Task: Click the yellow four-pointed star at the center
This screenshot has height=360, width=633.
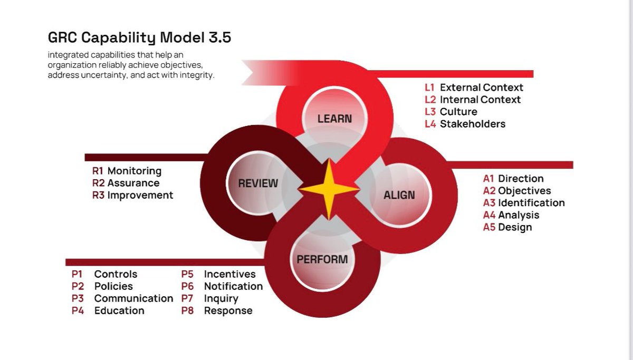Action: [x=329, y=189]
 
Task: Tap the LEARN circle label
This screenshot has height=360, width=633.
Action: [x=334, y=119]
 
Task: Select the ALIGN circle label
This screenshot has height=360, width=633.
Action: [x=399, y=195]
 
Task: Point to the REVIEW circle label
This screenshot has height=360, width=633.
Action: [x=258, y=183]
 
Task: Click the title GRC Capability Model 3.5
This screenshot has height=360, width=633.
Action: [x=139, y=39]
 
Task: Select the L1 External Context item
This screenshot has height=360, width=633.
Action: [x=474, y=87]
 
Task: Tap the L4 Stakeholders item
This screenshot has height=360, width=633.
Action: [x=465, y=124]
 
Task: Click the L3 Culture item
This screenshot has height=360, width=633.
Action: [x=451, y=112]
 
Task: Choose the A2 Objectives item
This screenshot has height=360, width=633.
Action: [x=517, y=191]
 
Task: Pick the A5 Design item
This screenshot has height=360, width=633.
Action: [x=507, y=227]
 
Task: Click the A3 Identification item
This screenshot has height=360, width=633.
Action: [x=524, y=203]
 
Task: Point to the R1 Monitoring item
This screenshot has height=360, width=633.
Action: [x=127, y=171]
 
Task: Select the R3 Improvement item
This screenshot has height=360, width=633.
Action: [x=132, y=195]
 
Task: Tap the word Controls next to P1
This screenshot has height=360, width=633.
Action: [x=116, y=274]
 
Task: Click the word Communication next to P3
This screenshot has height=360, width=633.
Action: [x=133, y=298]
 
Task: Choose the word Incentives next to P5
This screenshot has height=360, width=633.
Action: [x=229, y=274]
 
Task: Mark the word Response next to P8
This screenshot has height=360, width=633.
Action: [x=228, y=310]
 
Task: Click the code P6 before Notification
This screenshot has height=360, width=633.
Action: [x=187, y=286]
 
